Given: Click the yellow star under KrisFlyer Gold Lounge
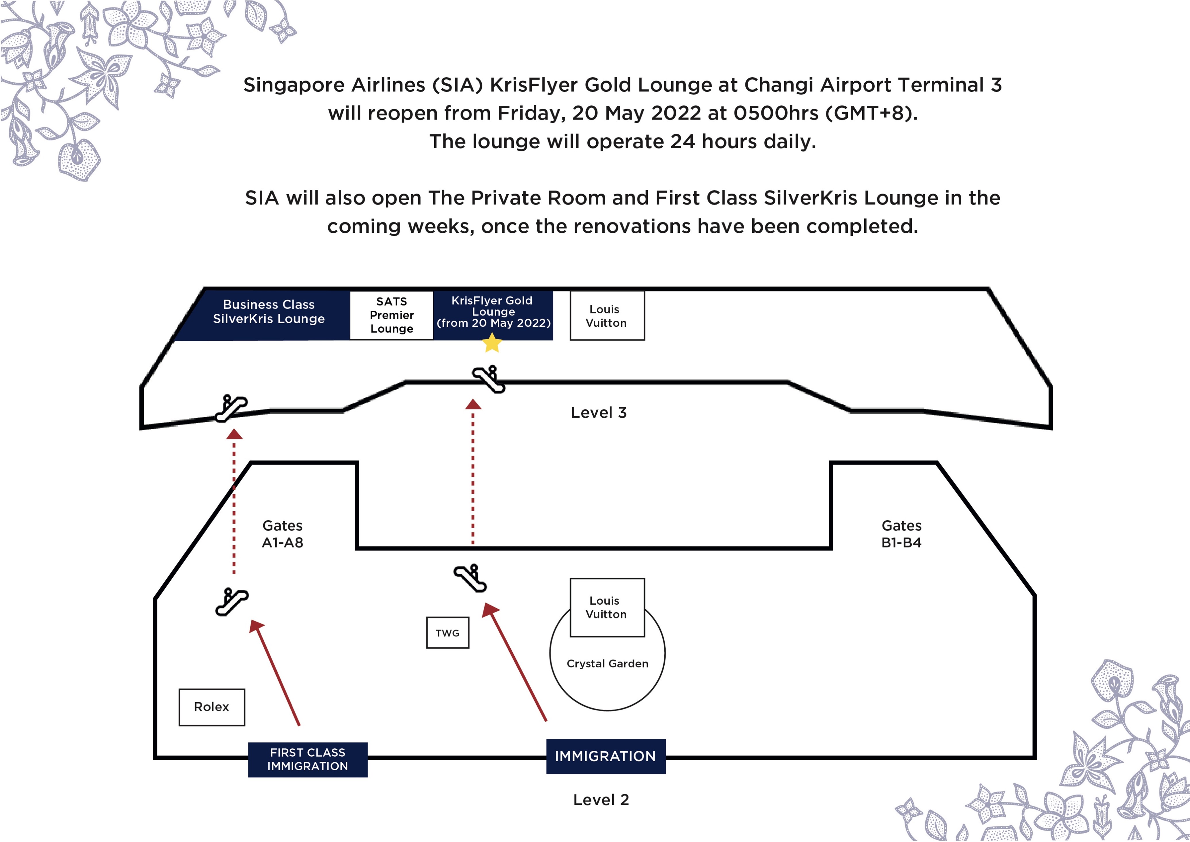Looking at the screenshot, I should [492, 343].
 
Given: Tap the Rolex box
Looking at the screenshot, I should [211, 707].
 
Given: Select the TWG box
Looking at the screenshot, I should [447, 633].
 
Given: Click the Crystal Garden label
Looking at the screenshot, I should [607, 664].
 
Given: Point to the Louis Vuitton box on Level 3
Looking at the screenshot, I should [607, 316].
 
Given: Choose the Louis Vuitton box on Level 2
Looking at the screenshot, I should [607, 607].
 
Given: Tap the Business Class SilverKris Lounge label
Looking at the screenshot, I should [269, 312].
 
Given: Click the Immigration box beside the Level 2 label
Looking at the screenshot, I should [605, 756].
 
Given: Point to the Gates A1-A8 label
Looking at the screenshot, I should [282, 534].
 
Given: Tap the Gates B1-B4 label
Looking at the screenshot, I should [901, 534].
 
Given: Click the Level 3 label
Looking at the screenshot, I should [599, 413].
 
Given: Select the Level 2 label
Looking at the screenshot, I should [601, 800].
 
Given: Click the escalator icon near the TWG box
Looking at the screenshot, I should [470, 578].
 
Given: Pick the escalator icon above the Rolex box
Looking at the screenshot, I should [232, 602].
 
